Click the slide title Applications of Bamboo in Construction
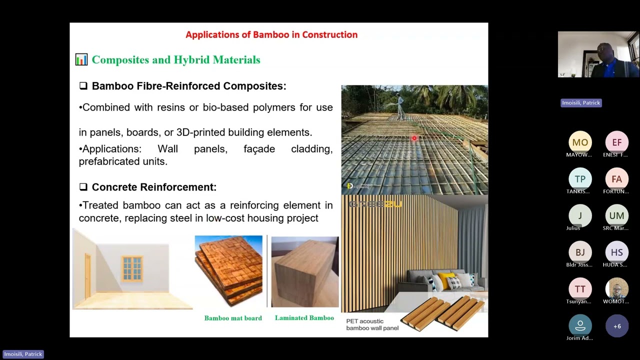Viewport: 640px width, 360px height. [x=271, y=35]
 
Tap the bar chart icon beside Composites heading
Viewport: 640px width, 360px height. [x=81, y=60]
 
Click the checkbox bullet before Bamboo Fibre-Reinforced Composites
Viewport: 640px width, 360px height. [x=83, y=86]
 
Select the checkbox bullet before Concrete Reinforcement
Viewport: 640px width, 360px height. [x=83, y=187]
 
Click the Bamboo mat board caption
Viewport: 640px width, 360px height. [x=233, y=318]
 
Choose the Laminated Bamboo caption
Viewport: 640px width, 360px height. [x=304, y=318]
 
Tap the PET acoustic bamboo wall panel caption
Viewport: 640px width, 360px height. [x=372, y=324]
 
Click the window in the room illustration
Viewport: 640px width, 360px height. [x=132, y=268]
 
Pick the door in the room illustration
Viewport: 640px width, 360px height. [x=88, y=273]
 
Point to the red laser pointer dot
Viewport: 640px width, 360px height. [x=414, y=138]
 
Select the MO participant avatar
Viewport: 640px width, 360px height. [x=580, y=142]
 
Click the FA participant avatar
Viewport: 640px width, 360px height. [x=616, y=179]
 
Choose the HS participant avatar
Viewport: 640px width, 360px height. [x=616, y=252]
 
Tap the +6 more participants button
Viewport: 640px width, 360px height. [x=616, y=326]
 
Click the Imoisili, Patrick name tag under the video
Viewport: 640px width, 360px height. [x=580, y=103]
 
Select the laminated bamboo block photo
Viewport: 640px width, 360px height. [x=304, y=272]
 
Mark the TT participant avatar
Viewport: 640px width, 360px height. [x=580, y=289]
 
